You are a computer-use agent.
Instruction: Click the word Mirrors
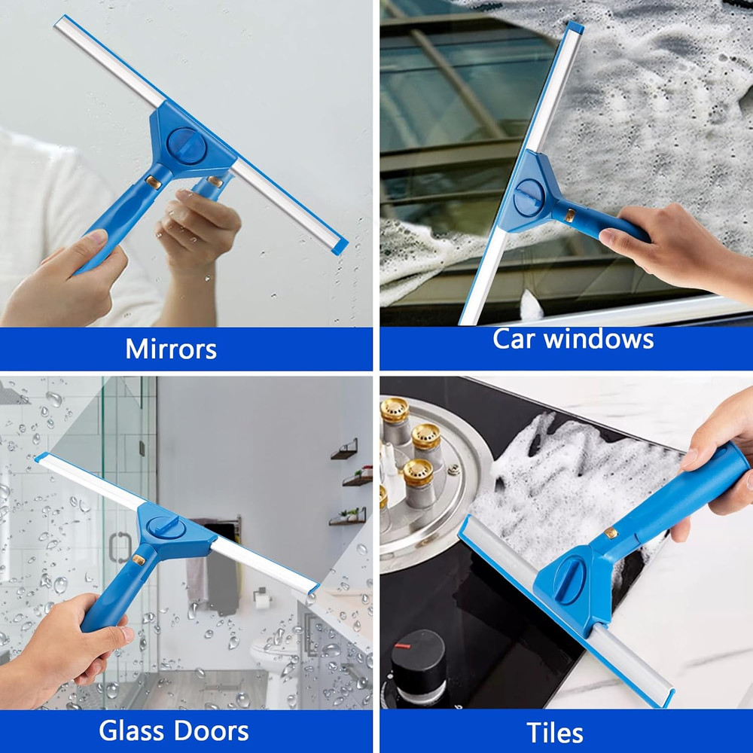[x=171, y=349]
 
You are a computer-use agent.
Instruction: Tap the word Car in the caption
[x=514, y=339]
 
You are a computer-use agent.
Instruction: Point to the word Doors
[x=212, y=730]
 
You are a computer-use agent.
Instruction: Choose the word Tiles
[x=555, y=732]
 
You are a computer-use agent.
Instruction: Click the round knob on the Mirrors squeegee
[x=183, y=141]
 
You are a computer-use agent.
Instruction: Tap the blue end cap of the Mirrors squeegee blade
[x=340, y=246]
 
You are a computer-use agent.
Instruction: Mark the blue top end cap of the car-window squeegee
[x=575, y=28]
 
